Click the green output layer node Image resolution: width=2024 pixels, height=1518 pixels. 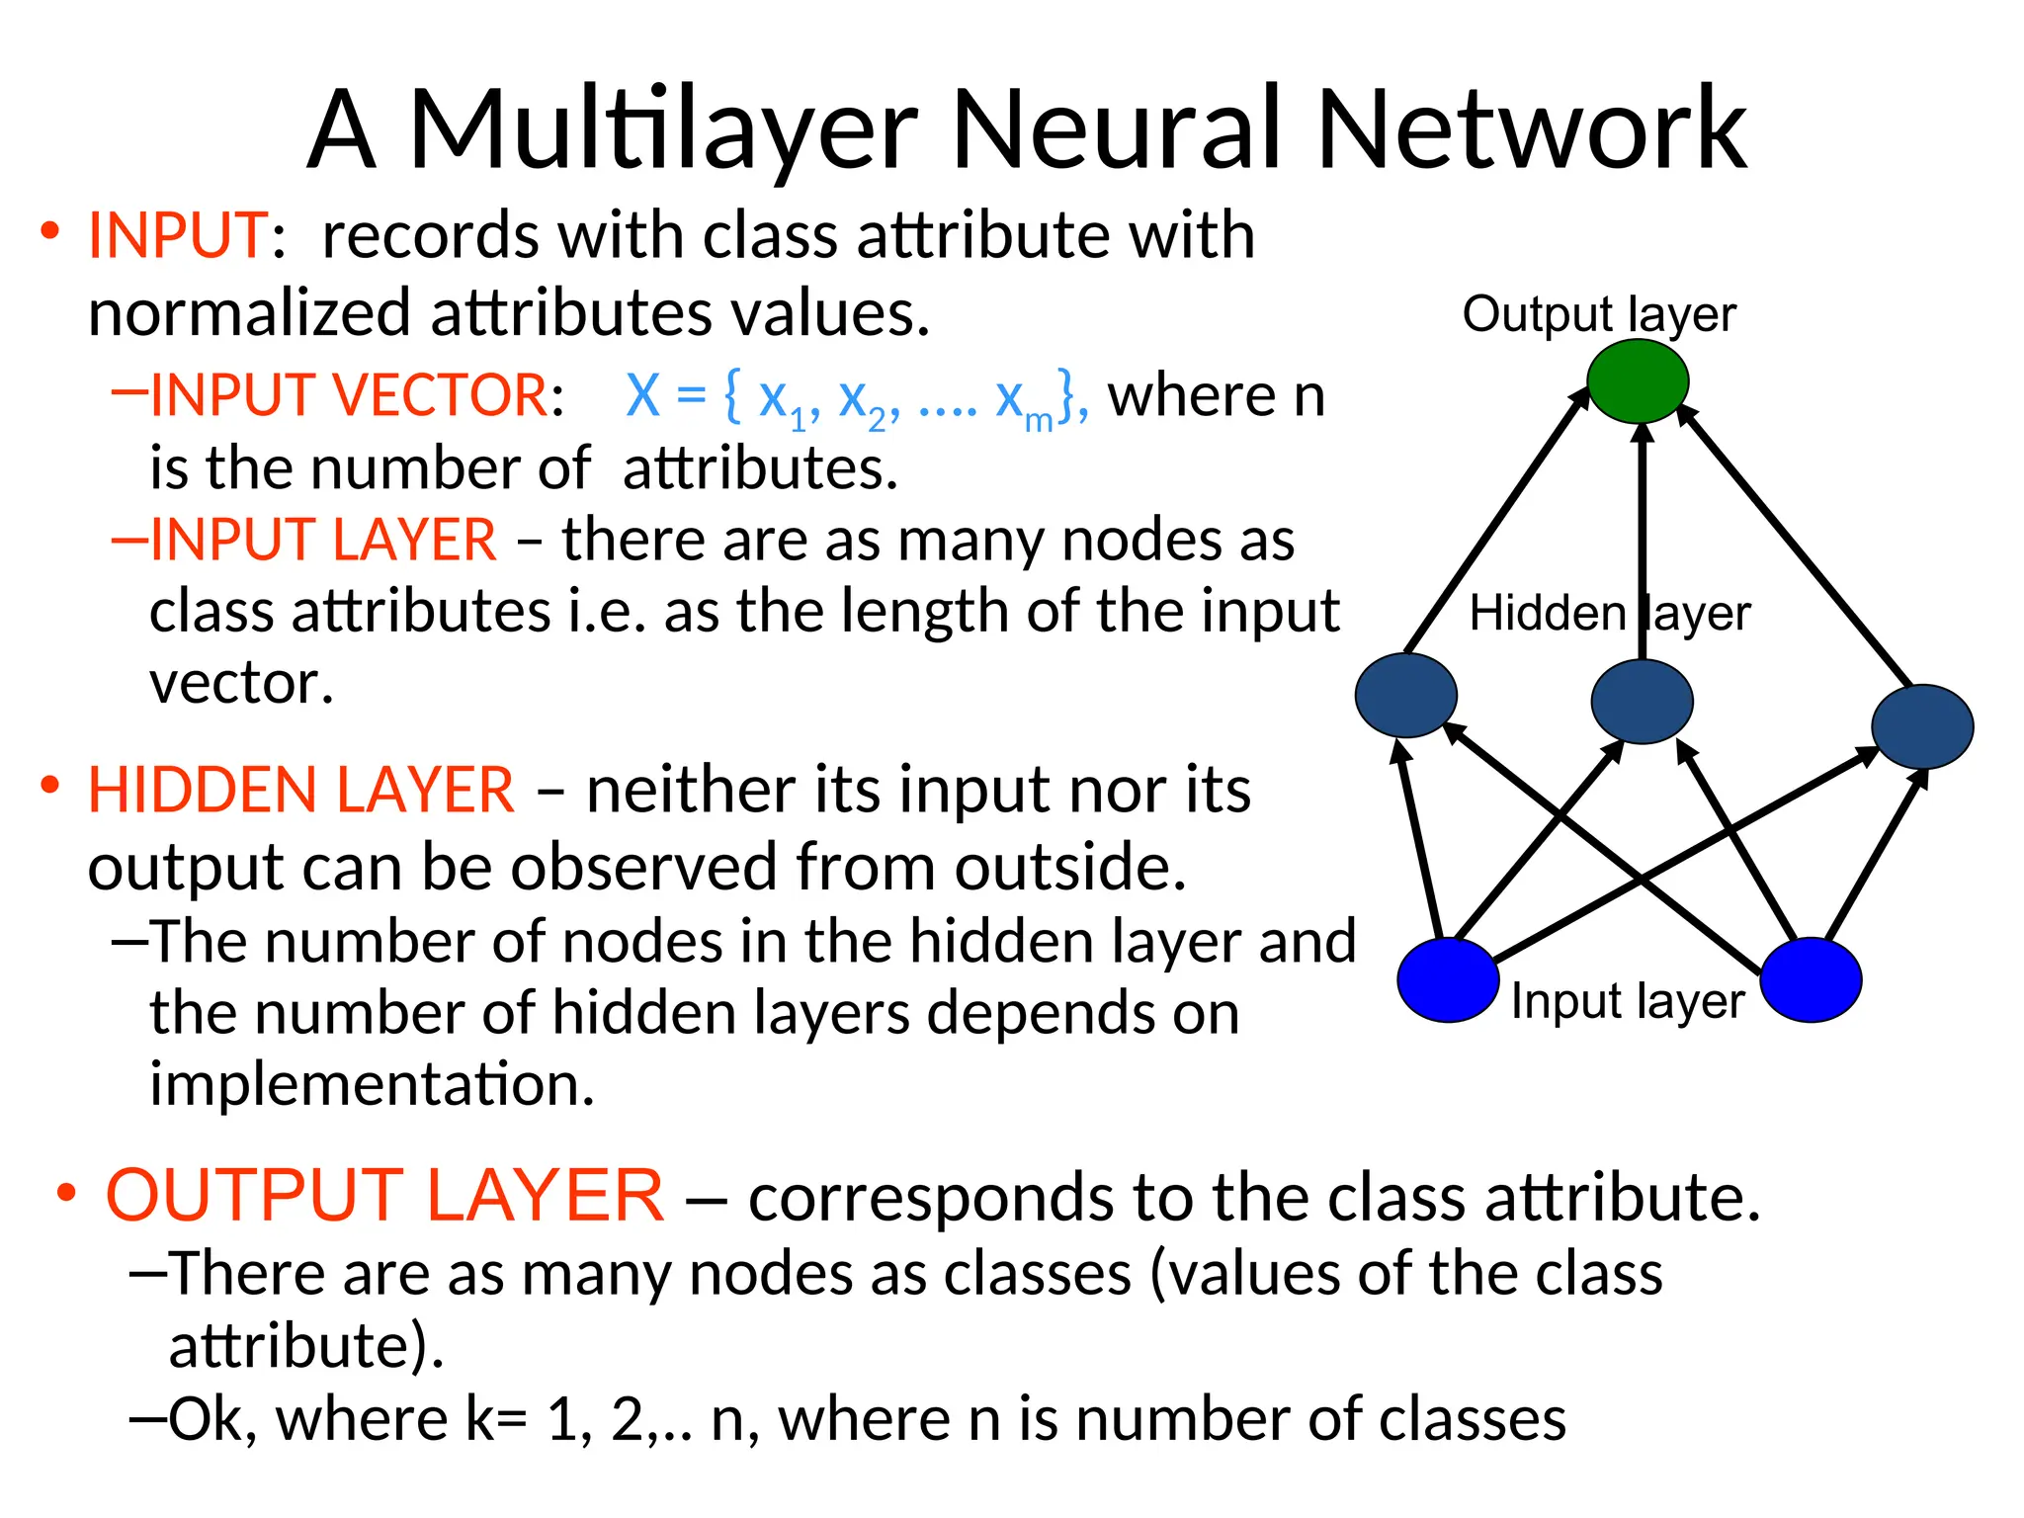1637,381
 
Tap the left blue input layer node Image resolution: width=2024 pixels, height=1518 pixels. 1448,979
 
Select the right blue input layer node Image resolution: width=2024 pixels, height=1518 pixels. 1811,979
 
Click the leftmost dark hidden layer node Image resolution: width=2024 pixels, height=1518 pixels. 1405,695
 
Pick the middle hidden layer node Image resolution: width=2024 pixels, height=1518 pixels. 1642,702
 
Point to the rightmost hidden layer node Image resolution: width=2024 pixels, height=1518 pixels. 1922,726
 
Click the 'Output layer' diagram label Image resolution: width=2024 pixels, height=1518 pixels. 1598,314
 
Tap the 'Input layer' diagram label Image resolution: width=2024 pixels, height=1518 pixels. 1627,1001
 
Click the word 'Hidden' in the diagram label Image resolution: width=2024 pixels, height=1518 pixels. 1547,613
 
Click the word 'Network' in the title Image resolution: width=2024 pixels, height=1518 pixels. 1531,130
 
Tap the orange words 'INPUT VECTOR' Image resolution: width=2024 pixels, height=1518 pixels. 348,395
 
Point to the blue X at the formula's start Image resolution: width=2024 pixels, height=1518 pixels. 642,395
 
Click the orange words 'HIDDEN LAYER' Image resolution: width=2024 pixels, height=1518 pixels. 300,791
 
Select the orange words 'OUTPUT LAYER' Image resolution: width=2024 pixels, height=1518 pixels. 384,1196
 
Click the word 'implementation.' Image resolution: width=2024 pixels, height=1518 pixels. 372,1084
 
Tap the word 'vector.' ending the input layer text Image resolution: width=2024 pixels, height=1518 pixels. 241,683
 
